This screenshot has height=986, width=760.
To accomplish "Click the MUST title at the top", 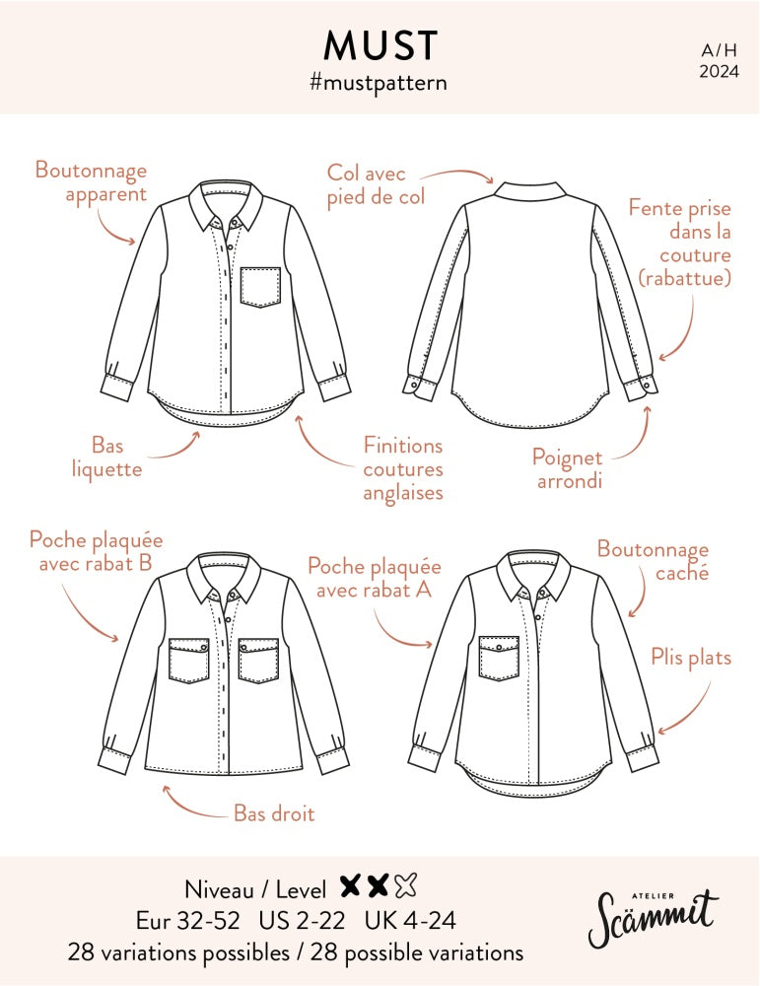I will click(x=380, y=45).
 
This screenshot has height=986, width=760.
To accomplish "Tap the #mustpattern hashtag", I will click(x=379, y=83).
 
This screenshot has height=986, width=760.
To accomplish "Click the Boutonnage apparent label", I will click(x=91, y=182).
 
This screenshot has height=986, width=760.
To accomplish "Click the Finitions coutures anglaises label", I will click(x=402, y=468).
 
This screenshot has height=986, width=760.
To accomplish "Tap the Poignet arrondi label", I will click(x=569, y=468).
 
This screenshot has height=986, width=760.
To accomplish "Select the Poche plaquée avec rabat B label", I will click(x=96, y=552).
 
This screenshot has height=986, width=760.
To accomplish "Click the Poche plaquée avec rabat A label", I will click(x=375, y=578).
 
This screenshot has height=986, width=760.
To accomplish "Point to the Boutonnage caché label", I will click(x=653, y=560).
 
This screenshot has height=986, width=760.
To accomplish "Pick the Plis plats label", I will click(x=691, y=657).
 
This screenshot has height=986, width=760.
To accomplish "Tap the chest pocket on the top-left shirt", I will click(x=260, y=287).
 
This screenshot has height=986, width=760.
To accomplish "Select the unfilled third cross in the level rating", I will click(x=405, y=886).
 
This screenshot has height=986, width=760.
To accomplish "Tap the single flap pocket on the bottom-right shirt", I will click(x=499, y=658).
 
